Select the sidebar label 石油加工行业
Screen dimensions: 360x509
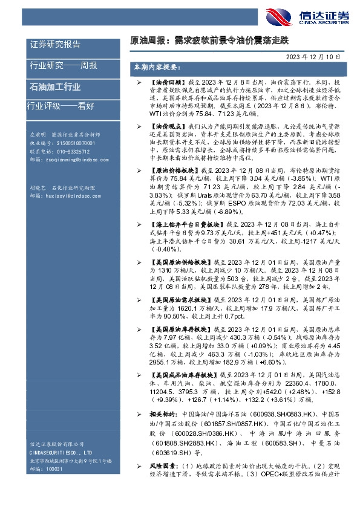tap(55, 86)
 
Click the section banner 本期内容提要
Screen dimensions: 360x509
tap(156, 68)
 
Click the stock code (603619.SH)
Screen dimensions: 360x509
tap(171, 451)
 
